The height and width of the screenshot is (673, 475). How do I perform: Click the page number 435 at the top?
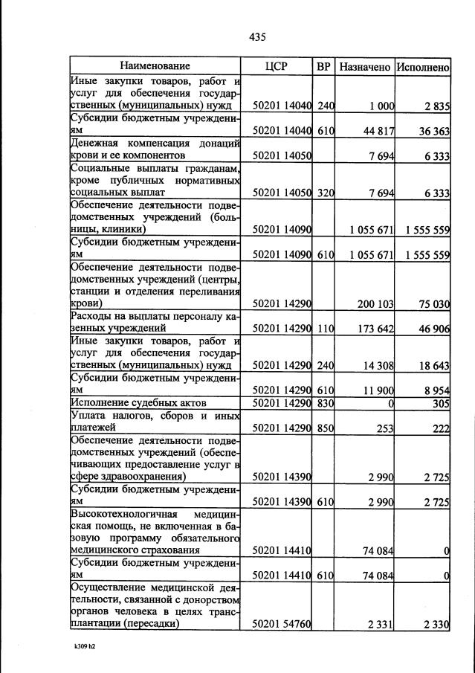point(257,37)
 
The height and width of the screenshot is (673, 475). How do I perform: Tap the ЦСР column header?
point(276,67)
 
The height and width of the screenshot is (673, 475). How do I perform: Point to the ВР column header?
point(323,67)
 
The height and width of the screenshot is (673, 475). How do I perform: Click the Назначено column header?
point(364,67)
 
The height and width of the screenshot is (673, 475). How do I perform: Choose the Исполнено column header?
point(422,67)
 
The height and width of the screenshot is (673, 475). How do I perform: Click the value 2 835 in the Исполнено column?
point(437,106)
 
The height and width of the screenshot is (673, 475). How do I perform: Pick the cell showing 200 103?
point(375,303)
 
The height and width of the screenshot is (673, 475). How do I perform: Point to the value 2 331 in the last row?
point(381,624)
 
